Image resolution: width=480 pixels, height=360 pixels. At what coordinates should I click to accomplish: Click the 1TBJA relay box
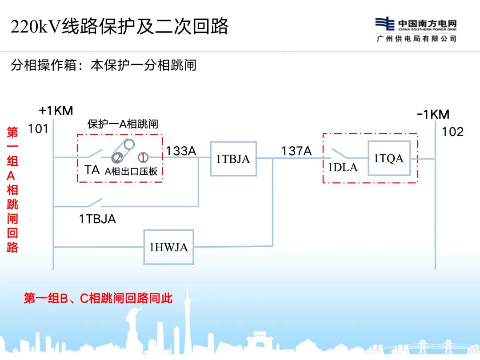(x=233, y=159)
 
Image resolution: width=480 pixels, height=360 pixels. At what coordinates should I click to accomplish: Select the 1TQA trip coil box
(x=389, y=158)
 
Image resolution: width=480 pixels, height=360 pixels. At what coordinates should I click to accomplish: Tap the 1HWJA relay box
(x=168, y=247)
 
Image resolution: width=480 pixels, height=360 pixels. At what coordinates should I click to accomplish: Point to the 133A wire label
(x=181, y=151)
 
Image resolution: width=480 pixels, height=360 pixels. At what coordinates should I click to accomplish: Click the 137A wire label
(x=296, y=151)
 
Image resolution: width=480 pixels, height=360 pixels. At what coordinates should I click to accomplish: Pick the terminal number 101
(x=38, y=129)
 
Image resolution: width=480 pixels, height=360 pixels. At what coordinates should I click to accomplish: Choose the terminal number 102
(x=452, y=132)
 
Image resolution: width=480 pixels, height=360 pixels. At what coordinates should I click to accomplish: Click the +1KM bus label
(x=56, y=111)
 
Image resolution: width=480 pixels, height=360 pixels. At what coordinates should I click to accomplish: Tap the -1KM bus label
(x=433, y=114)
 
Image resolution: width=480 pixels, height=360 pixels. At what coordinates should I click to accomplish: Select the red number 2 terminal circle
(x=117, y=157)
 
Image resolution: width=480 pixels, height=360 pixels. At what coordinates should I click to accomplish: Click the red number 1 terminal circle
(x=143, y=157)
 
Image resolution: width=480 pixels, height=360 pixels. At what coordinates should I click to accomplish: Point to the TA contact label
(x=92, y=170)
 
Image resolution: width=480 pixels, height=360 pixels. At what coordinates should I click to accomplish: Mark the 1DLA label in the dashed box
(x=343, y=168)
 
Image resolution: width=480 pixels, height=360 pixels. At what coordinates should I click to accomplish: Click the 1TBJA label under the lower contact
(x=97, y=219)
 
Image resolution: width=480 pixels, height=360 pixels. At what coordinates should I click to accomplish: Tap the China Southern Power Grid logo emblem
(x=385, y=24)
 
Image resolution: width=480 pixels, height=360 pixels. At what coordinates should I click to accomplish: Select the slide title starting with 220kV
(x=120, y=27)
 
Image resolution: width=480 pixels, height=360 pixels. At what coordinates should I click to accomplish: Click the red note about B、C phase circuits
(x=98, y=298)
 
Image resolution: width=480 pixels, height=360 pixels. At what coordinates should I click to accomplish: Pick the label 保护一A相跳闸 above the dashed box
(x=123, y=124)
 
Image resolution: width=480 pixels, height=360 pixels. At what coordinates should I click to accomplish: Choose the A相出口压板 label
(x=131, y=171)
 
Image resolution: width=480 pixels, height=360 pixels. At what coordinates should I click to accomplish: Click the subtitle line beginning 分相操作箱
(x=103, y=65)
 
